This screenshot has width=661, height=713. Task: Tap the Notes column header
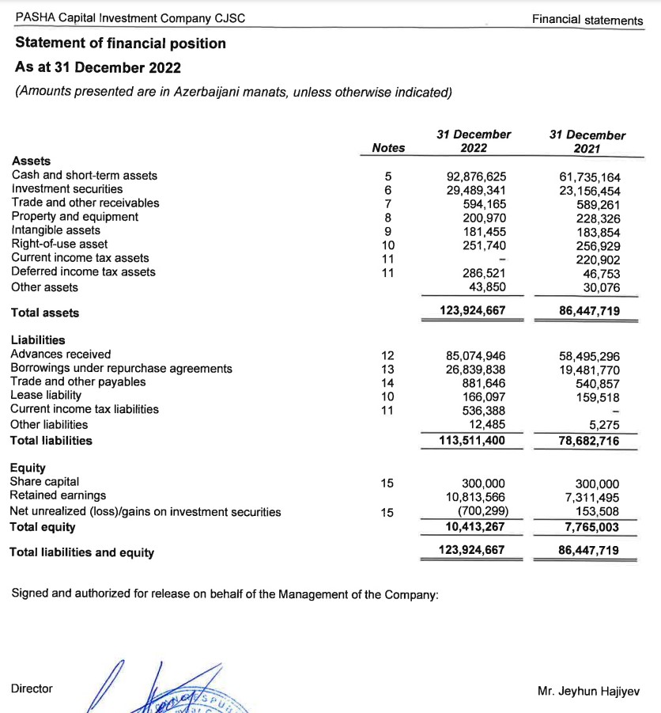(x=388, y=148)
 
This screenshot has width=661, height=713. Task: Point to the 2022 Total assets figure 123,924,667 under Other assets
(x=473, y=311)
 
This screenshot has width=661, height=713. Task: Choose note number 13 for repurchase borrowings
(x=387, y=369)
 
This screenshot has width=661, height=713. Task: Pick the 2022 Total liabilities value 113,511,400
(x=472, y=441)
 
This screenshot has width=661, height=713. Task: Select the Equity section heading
(x=28, y=468)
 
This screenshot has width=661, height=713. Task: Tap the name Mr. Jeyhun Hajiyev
(x=588, y=690)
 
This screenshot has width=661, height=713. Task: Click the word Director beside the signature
(x=32, y=688)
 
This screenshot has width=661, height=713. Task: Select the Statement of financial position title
(x=120, y=44)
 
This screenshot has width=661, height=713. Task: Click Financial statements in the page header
(x=587, y=20)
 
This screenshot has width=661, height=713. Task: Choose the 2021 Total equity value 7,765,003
(x=589, y=527)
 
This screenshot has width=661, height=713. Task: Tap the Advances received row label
(x=61, y=355)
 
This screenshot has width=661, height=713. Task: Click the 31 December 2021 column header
(x=587, y=142)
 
